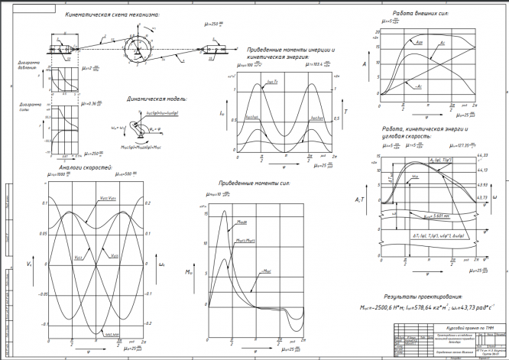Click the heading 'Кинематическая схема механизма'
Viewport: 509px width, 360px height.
click(112, 14)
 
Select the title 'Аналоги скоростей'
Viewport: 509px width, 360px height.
click(80, 165)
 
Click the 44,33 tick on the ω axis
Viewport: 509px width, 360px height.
click(482, 156)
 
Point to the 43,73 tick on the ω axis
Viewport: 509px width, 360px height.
click(482, 198)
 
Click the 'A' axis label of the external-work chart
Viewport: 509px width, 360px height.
click(365, 65)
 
